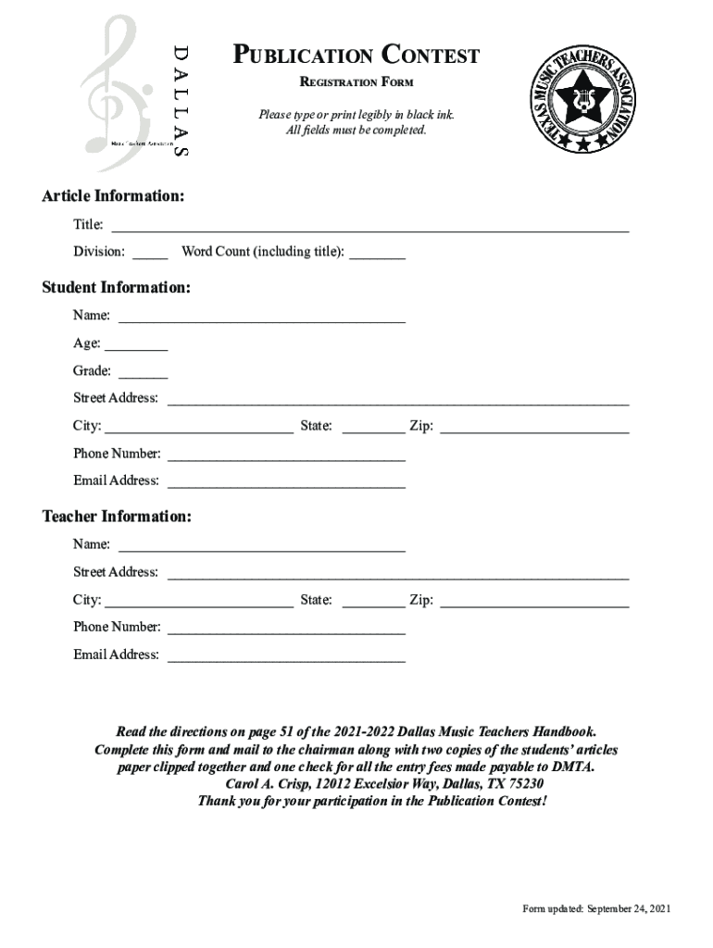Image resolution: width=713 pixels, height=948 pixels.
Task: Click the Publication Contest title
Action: [356, 56]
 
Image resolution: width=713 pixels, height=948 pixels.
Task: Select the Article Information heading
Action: [113, 196]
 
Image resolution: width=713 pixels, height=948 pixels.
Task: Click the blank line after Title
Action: [370, 226]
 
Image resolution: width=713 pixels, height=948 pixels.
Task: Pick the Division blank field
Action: [150, 252]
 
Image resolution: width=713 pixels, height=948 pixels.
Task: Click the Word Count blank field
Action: [377, 252]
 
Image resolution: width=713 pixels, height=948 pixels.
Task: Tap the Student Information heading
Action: [117, 288]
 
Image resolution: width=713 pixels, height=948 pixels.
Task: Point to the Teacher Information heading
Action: [117, 516]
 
